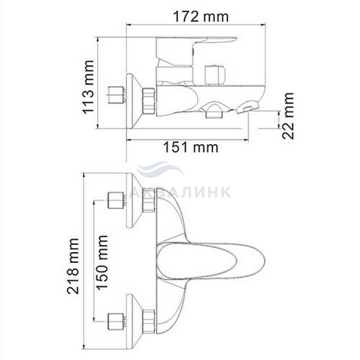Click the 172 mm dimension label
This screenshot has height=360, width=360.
tap(201, 17)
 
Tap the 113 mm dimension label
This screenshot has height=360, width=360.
tap(88, 87)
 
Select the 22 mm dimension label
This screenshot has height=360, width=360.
tap(288, 116)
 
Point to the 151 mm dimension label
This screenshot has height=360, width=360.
tap(191, 147)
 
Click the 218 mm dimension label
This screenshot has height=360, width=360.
tap(73, 266)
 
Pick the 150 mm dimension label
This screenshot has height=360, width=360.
tap(102, 262)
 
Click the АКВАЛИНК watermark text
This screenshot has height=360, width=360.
tap(180, 192)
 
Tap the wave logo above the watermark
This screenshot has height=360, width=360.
tap(160, 169)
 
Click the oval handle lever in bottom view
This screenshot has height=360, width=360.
tap(211, 262)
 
